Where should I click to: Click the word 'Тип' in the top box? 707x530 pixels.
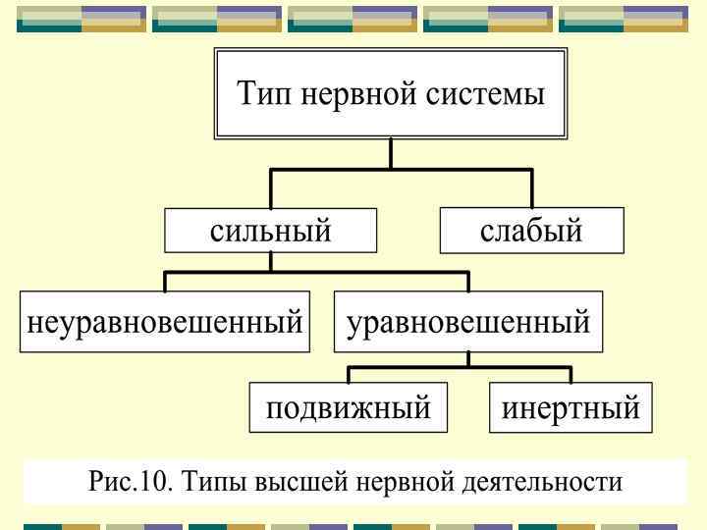tap(264, 96)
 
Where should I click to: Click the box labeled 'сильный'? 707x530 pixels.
tap(271, 231)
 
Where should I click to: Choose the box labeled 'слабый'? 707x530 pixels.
tap(531, 231)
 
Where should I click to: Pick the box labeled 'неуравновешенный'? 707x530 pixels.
tap(165, 321)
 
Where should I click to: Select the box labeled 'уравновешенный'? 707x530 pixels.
tap(468, 321)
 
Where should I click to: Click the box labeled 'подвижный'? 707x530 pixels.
tap(349, 406)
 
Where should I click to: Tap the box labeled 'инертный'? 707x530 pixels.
tap(571, 406)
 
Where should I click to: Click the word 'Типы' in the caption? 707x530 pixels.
tap(201, 482)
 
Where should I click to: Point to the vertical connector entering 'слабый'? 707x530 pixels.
tap(531, 188)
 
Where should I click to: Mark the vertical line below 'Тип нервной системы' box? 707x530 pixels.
tap(391, 153)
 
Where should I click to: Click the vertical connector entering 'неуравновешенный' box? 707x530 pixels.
tap(165, 282)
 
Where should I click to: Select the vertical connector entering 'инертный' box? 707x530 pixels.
tap(571, 375)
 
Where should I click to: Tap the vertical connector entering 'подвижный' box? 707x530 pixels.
tap(349, 375)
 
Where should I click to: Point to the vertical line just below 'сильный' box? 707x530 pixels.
tap(271, 261)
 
